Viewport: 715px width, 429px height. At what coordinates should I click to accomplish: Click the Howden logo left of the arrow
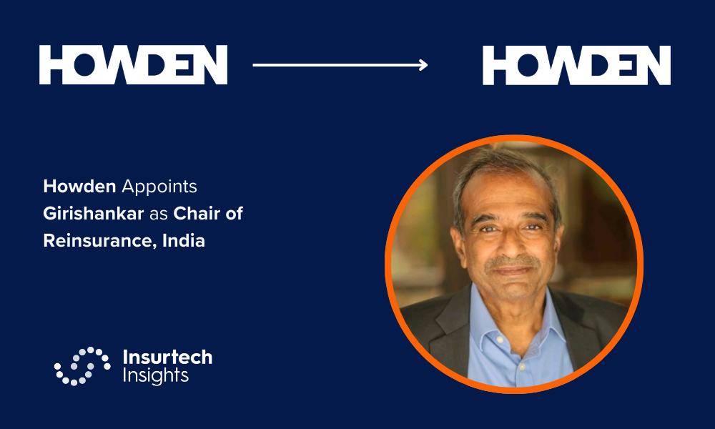coord(133,65)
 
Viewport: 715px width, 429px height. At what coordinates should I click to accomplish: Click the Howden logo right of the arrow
coord(576,65)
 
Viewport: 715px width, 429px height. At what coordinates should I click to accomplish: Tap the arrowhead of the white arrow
coord(424,65)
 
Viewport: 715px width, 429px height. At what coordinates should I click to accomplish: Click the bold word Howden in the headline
coord(79,187)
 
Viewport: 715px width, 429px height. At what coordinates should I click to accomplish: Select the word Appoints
coord(159,187)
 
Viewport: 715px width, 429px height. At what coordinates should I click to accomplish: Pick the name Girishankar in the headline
coord(94,213)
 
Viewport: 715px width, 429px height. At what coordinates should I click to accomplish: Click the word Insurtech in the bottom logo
coord(167,357)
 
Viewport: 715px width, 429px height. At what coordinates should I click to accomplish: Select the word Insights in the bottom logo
coord(155,375)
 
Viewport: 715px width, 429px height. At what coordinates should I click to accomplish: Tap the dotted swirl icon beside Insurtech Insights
coord(82,366)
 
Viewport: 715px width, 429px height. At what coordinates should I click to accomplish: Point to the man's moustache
coord(512,262)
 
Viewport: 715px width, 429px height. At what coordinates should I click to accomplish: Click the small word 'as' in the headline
coord(159,214)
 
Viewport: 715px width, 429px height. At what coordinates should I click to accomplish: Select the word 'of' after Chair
coord(234,213)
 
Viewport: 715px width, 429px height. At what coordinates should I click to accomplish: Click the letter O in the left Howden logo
coord(84,65)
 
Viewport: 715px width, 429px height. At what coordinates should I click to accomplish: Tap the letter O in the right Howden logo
coord(528,65)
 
